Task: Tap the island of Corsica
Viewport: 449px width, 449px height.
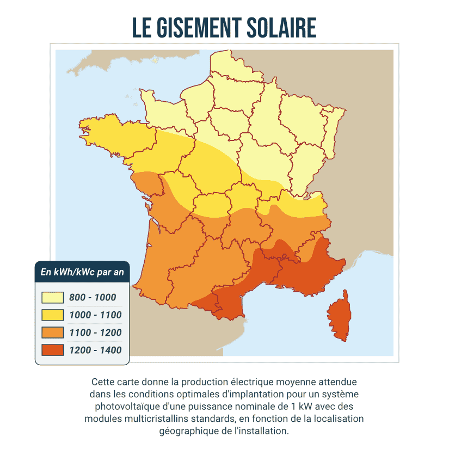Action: coord(341,316)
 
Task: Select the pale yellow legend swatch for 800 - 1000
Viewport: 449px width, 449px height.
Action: coord(53,298)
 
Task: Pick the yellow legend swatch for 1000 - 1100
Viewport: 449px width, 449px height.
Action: coord(53,315)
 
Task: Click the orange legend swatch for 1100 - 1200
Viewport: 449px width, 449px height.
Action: coord(53,333)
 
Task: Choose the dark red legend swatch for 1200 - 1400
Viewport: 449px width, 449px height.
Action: coord(53,350)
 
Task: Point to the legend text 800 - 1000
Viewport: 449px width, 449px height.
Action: coord(93,298)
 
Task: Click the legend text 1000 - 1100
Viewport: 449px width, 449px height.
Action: coord(95,315)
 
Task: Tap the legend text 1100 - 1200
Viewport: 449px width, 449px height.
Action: coord(95,333)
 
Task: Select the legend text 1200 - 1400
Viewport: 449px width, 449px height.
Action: coord(95,350)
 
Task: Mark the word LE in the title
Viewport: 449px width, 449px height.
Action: coord(143,28)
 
